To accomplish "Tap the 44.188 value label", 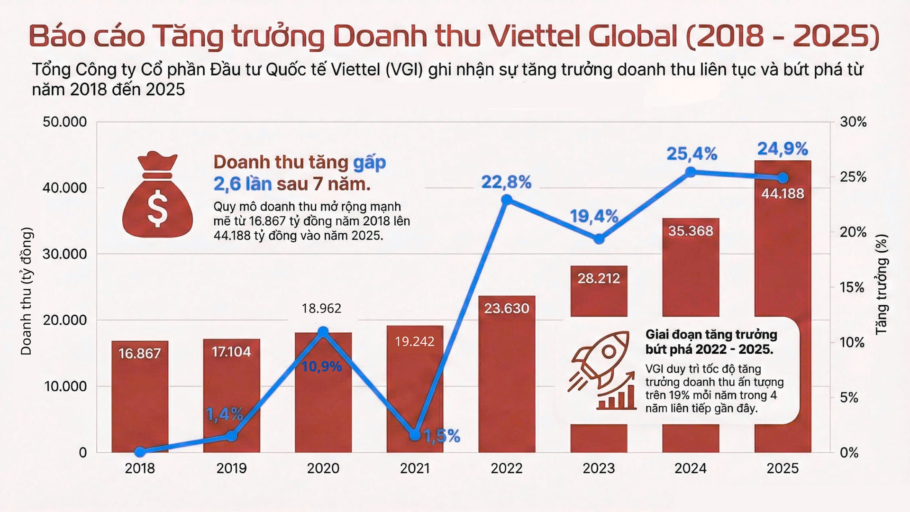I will pyautogui.click(x=783, y=193).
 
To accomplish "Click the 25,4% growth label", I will pyautogui.click(x=692, y=154).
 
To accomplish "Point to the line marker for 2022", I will pyautogui.click(x=507, y=200).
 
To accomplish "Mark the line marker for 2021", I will pyautogui.click(x=415, y=435).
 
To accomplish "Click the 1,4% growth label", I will pyautogui.click(x=224, y=414).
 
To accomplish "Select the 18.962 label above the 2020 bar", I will pyautogui.click(x=321, y=309).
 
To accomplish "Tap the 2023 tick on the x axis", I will pyautogui.click(x=599, y=468).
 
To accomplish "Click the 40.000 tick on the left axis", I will pyautogui.click(x=65, y=188).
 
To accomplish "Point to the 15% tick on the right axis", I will pyautogui.click(x=852, y=287).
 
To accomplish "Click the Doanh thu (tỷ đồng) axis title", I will pyautogui.click(x=27, y=291).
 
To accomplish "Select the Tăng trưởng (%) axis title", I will pyautogui.click(x=881, y=284).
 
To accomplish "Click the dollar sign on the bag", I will pyautogui.click(x=157, y=209).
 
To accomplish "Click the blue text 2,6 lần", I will pyautogui.click(x=242, y=184).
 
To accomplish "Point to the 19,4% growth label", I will pyautogui.click(x=593, y=216).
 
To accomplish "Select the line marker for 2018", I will pyautogui.click(x=140, y=452).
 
